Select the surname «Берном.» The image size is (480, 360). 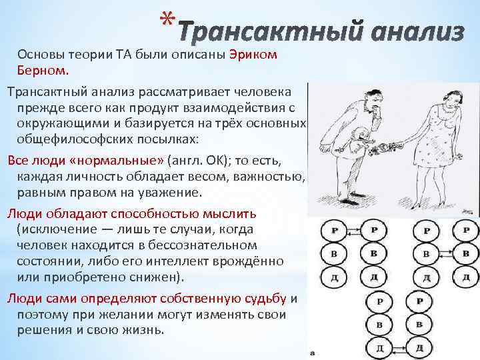pyautogui.click(x=43, y=69)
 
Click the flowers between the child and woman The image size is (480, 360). pyautogui.click(x=389, y=143)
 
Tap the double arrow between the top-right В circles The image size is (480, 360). pyautogui.click(x=446, y=255)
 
